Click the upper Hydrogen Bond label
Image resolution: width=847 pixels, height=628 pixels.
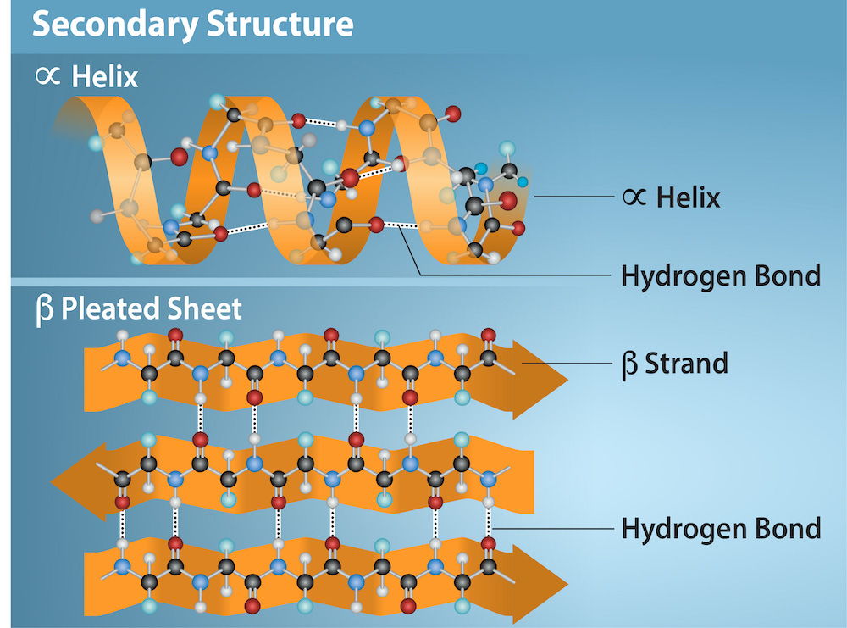point(720,275)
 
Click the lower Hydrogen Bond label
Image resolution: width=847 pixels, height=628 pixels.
point(720,529)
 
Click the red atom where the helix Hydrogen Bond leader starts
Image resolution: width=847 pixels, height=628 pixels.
point(376,225)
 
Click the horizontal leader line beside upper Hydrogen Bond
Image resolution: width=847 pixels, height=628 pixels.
point(517,275)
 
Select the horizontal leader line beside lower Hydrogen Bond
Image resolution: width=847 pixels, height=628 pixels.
point(551,529)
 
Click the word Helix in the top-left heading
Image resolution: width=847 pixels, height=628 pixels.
point(105,77)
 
